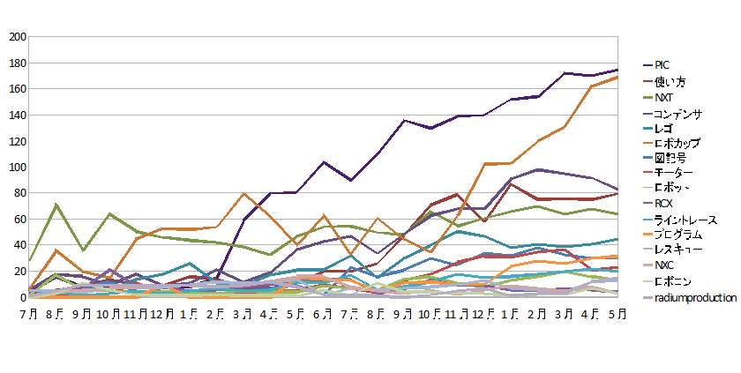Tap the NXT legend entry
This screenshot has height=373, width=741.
pyautogui.click(x=663, y=97)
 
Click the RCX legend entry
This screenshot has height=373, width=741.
pyautogui.click(x=664, y=204)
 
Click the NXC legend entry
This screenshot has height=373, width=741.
pyautogui.click(x=664, y=265)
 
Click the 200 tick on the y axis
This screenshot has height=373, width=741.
pyautogui.click(x=17, y=37)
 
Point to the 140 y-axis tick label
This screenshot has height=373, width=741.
pyautogui.click(x=17, y=116)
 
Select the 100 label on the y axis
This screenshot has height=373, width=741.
pyautogui.click(x=17, y=168)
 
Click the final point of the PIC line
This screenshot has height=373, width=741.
pyautogui.click(x=617, y=70)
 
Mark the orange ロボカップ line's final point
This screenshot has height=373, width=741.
pyautogui.click(x=617, y=77)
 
